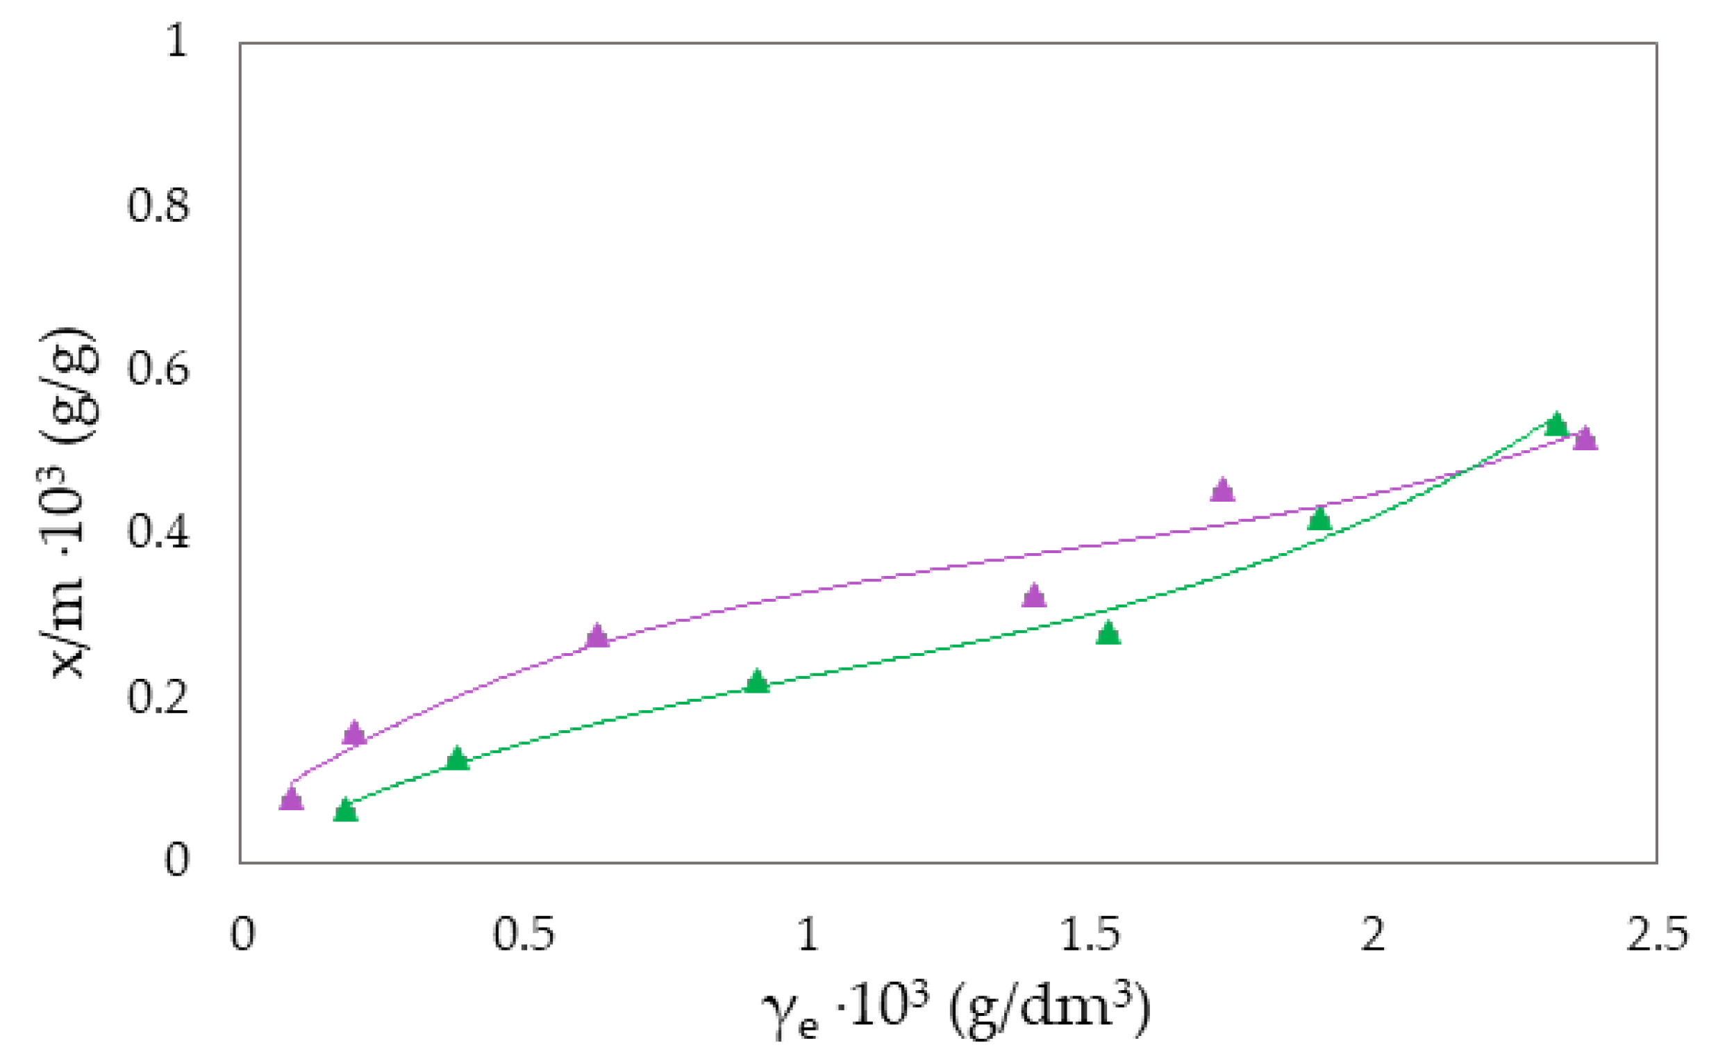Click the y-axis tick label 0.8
pyautogui.click(x=158, y=207)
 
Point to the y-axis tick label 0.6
pyautogui.click(x=158, y=370)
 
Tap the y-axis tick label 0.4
pyautogui.click(x=158, y=534)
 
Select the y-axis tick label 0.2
pyautogui.click(x=158, y=698)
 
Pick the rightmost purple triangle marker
pyautogui.click(x=1585, y=440)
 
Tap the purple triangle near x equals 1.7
pyautogui.click(x=1222, y=491)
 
